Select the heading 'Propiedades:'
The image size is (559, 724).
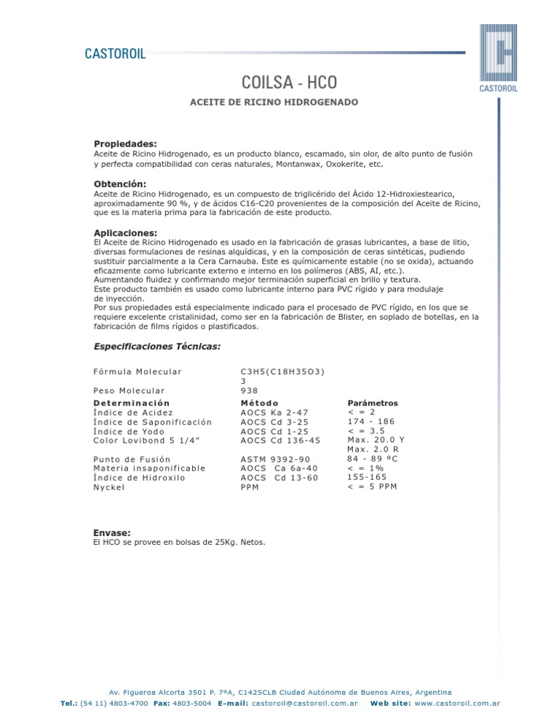point(125,143)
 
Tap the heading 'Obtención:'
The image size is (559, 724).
point(120,184)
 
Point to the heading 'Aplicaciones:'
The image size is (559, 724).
point(125,232)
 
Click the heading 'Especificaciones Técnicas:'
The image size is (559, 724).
point(157,346)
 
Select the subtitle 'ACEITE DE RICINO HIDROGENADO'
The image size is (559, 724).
point(274,103)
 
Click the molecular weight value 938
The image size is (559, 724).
point(248,390)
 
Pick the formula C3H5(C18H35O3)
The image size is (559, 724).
point(282,371)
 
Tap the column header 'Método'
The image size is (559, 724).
point(258,403)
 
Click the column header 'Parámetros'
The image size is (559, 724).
point(373,403)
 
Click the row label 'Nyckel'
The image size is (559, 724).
point(109,487)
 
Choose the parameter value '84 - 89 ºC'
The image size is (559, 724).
point(373,460)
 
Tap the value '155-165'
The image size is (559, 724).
point(368,478)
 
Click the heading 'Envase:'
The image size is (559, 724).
point(112,532)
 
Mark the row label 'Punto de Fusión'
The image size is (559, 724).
point(132,460)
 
